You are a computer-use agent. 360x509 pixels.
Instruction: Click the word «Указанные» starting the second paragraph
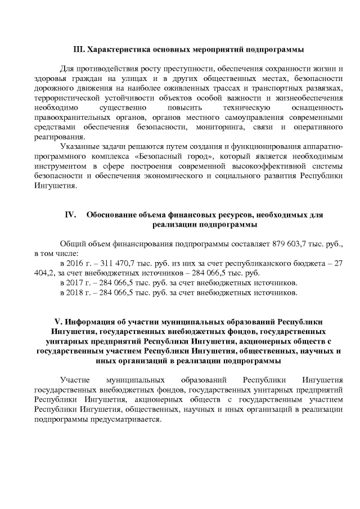coord(79,147)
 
